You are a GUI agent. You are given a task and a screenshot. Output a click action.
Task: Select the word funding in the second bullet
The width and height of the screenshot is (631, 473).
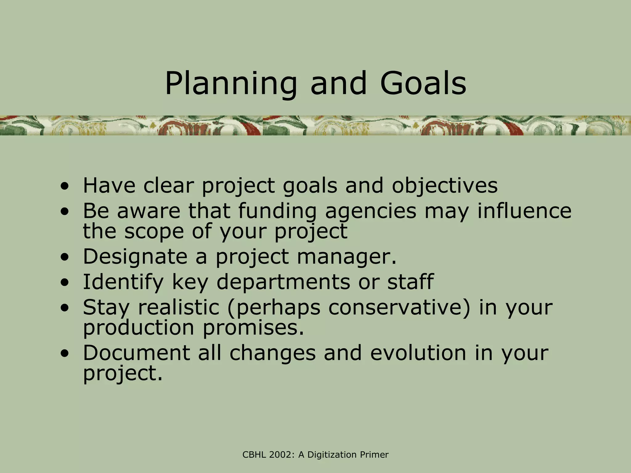click(x=277, y=211)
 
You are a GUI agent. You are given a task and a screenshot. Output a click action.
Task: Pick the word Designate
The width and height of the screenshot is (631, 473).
click(x=135, y=257)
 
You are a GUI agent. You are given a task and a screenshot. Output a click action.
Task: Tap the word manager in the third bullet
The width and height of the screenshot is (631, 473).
click(x=346, y=257)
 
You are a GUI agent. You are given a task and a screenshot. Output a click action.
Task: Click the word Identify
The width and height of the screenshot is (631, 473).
click(x=123, y=282)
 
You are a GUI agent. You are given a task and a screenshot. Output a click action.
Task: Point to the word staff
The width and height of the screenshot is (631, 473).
click(x=410, y=282)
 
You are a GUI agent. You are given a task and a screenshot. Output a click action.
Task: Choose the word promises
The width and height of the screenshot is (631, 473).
click(x=253, y=327)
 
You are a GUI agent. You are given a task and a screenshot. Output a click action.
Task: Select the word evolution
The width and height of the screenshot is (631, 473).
click(x=418, y=353)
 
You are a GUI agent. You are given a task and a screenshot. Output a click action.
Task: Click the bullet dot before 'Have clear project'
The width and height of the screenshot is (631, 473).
click(x=64, y=186)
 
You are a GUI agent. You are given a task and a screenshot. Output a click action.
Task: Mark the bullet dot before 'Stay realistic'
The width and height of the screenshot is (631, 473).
click(x=64, y=308)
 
